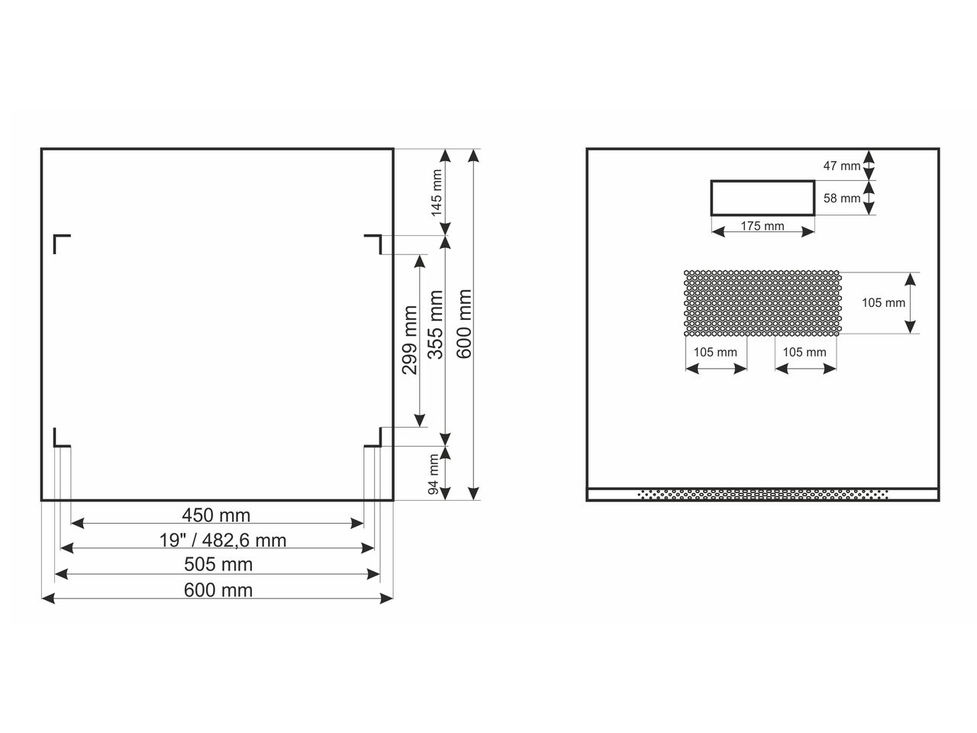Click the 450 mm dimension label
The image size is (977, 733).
[216, 515]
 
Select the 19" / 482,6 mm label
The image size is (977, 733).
[223, 541]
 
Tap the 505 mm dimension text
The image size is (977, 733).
[218, 564]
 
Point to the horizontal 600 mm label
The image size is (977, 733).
[218, 590]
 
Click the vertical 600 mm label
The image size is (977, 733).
[464, 324]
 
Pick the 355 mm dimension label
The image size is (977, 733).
[436, 325]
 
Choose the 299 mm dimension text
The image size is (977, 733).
[409, 340]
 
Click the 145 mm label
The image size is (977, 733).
[437, 192]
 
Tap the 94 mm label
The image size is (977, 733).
[434, 474]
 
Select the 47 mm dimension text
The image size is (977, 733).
[842, 166]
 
